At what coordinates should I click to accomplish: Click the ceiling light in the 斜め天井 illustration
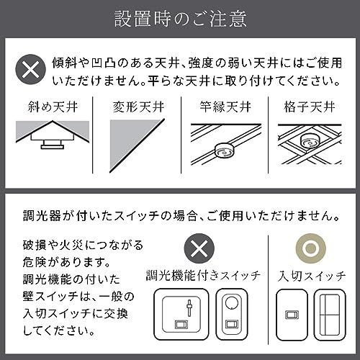pos(52,144)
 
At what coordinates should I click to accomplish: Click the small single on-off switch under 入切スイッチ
pos(292,314)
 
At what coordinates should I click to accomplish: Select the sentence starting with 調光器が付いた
pos(179,215)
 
